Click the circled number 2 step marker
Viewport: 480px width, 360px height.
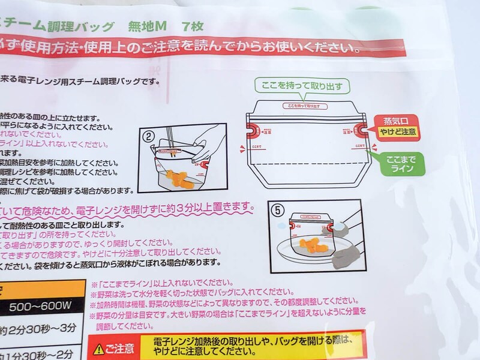point(147,136)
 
